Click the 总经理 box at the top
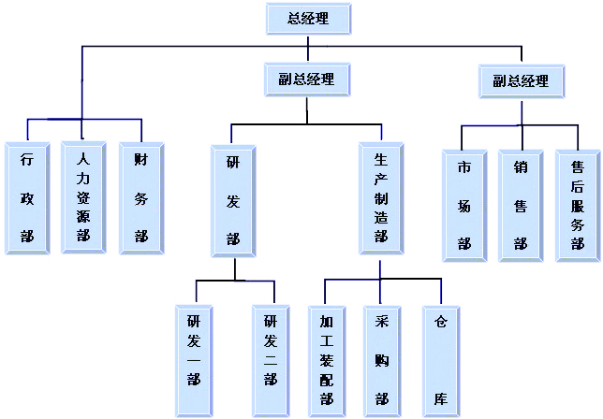(x=309, y=18)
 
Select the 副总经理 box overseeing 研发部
(x=306, y=80)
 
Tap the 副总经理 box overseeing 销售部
(x=522, y=81)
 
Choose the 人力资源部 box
(x=83, y=197)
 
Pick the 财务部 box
(x=141, y=197)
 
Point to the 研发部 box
(x=233, y=200)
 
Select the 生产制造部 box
(x=381, y=198)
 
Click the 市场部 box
(x=464, y=205)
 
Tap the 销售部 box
(x=521, y=205)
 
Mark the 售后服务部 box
(x=578, y=205)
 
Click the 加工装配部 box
(x=327, y=360)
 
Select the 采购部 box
(x=382, y=360)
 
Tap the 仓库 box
(x=440, y=360)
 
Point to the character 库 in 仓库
(x=440, y=399)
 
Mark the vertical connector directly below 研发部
(x=234, y=269)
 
